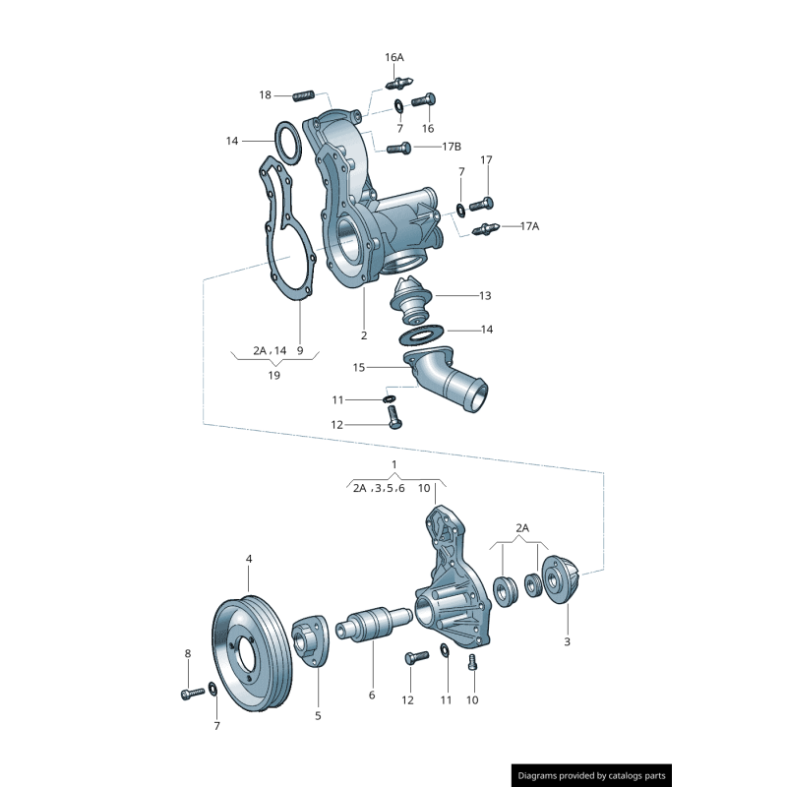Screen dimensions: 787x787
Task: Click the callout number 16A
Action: pyautogui.click(x=394, y=57)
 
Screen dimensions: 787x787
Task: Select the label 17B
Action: pyautogui.click(x=451, y=147)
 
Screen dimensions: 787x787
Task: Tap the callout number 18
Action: pyautogui.click(x=266, y=94)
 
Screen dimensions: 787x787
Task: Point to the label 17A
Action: pyautogui.click(x=529, y=225)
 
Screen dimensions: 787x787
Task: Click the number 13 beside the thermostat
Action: pyautogui.click(x=485, y=295)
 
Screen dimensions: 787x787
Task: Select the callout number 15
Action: pyautogui.click(x=359, y=367)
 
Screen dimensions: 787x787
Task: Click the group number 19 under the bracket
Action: pyautogui.click(x=274, y=375)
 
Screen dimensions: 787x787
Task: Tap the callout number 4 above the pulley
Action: pyautogui.click(x=249, y=558)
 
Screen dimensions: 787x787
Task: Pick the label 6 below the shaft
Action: pyautogui.click(x=372, y=695)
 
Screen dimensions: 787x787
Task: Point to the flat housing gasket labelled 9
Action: pyautogui.click(x=287, y=231)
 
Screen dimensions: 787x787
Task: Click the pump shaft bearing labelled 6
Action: pyautogui.click(x=376, y=627)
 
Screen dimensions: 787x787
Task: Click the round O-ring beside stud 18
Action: pyautogui.click(x=287, y=143)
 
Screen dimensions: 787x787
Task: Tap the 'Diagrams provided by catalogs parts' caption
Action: pyautogui.click(x=591, y=775)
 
